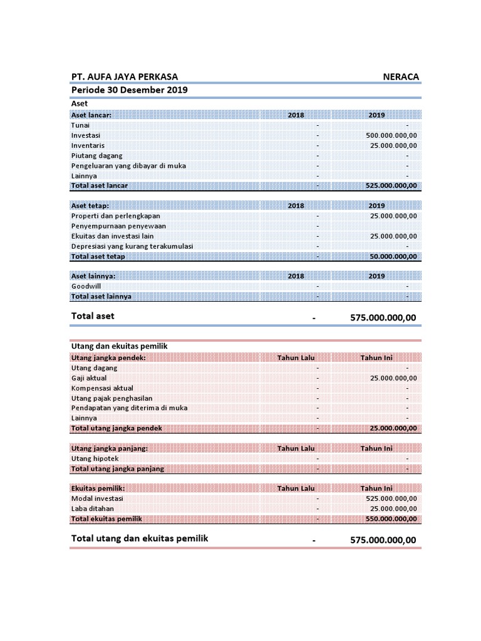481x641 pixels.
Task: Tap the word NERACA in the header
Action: (401, 77)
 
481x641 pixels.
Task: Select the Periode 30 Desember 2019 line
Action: (130, 90)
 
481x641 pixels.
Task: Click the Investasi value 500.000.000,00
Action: (391, 135)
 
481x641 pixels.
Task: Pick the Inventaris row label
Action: (88, 145)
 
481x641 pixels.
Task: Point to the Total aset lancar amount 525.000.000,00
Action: (391, 186)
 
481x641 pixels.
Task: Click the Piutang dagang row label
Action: (97, 155)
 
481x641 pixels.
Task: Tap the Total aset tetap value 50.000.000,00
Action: (394, 257)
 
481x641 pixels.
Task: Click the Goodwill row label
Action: (86, 286)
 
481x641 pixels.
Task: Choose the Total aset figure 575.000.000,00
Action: (383, 318)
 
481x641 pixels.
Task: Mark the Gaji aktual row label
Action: (89, 378)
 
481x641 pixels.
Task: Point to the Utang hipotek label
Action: (95, 459)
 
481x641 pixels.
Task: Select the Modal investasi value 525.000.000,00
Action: (391, 499)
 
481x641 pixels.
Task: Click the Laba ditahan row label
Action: (93, 509)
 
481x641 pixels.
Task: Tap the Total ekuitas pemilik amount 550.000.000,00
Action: (391, 519)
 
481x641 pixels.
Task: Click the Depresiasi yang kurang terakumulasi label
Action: (132, 246)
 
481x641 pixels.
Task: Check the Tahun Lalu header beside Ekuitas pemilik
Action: (296, 488)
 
